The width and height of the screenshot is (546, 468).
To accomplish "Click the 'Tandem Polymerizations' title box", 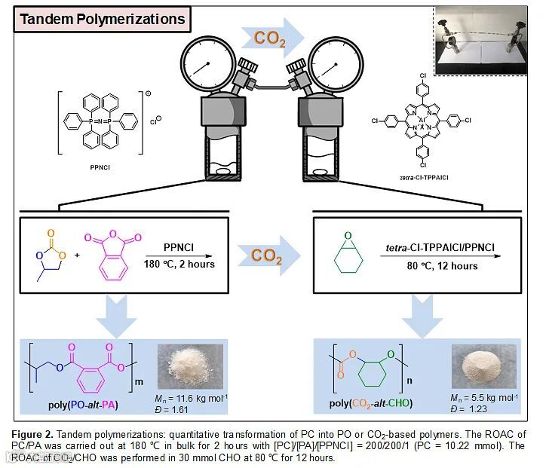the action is point(101,20).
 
